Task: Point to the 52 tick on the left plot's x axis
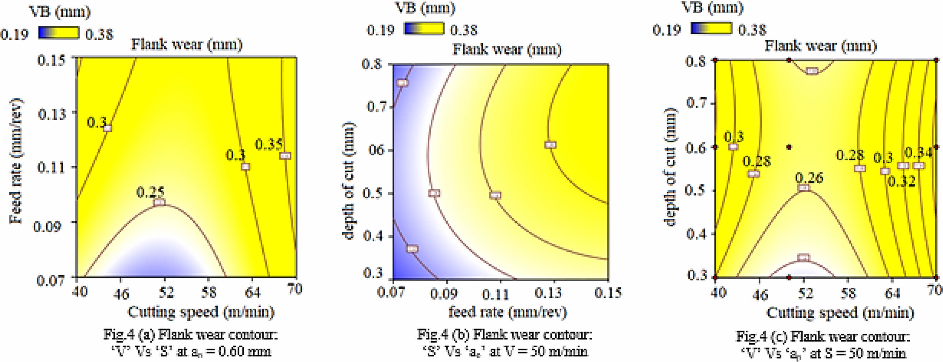(165, 292)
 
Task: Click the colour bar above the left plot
(59, 33)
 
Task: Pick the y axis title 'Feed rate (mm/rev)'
(16, 161)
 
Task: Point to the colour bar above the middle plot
(424, 28)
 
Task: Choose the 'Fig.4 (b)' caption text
(504, 334)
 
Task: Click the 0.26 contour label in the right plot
(809, 178)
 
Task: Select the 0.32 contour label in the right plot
(902, 181)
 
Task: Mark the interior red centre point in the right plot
(789, 147)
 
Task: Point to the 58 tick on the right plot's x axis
(848, 293)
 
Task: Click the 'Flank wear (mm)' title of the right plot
(821, 46)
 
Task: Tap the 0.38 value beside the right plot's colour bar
(752, 29)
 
